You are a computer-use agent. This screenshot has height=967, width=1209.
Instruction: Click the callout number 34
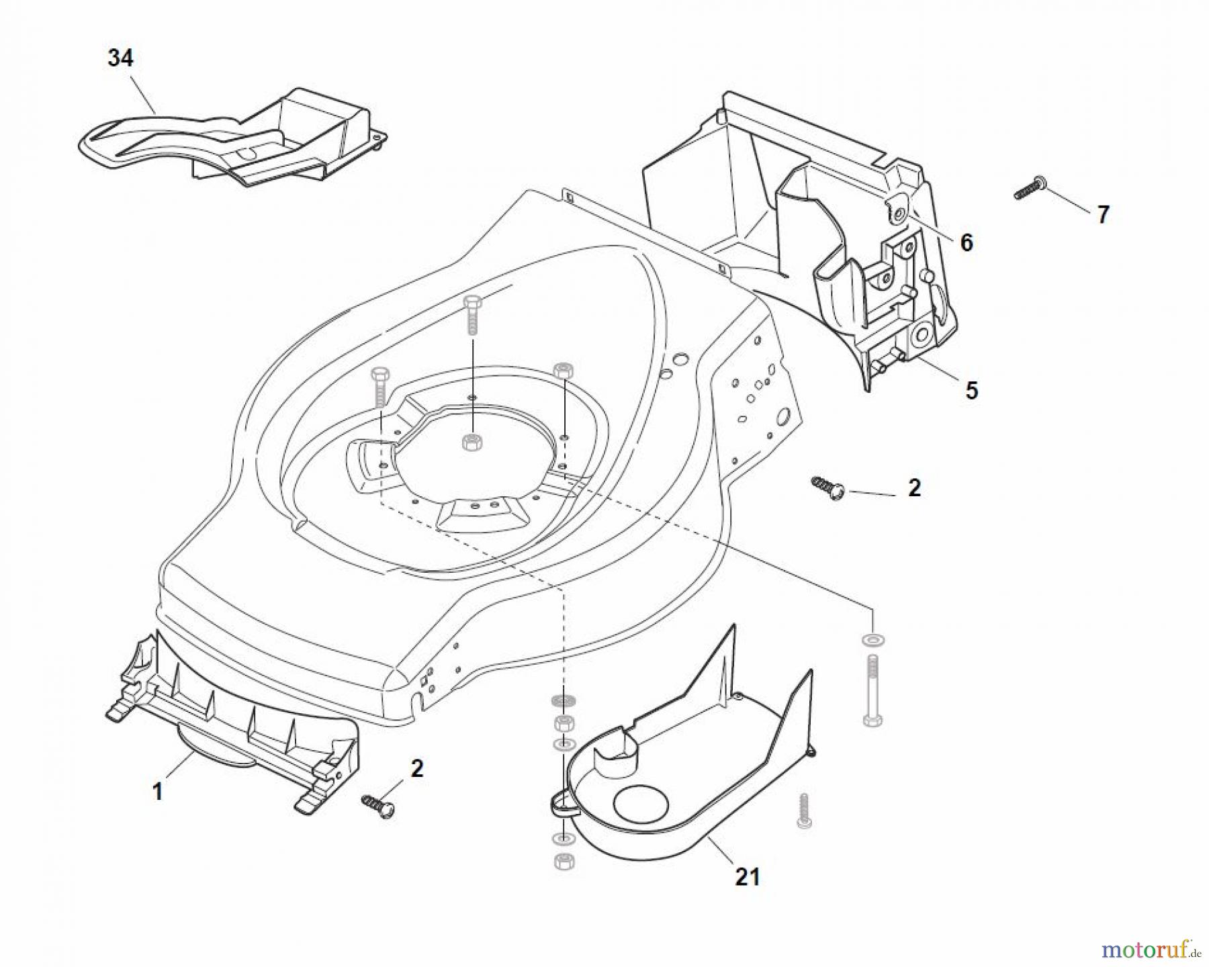(x=120, y=58)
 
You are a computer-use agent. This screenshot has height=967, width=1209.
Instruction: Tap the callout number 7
(x=1103, y=215)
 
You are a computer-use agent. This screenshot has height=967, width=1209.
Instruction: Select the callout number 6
(x=966, y=242)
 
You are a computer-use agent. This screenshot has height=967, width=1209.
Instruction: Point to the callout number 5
(x=971, y=391)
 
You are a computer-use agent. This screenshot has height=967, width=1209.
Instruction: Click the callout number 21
(x=747, y=877)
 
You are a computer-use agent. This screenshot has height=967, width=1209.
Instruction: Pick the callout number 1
(x=157, y=792)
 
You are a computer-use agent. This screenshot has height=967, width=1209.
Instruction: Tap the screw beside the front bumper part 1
(x=378, y=804)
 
